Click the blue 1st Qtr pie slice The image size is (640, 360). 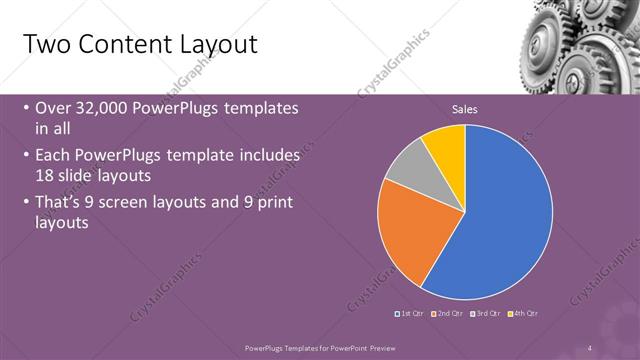(x=505, y=215)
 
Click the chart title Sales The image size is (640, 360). (x=465, y=108)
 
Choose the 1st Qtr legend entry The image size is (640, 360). (x=412, y=314)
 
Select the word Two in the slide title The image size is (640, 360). (x=43, y=45)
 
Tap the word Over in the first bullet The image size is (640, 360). (x=52, y=108)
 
